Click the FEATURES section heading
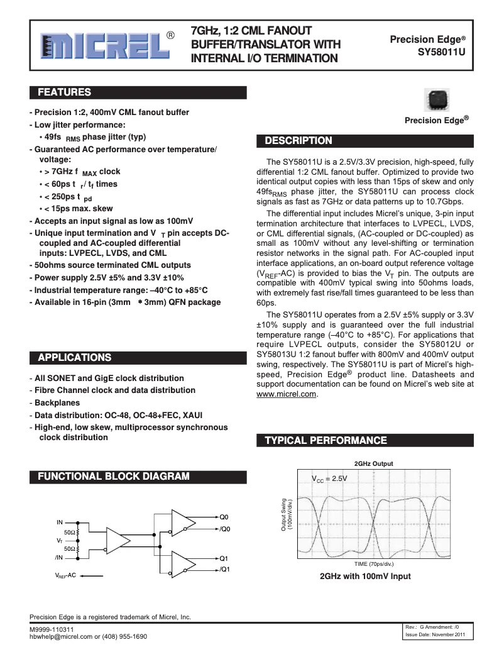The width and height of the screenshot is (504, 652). pyautogui.click(x=65, y=93)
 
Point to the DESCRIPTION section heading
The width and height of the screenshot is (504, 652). pyautogui.click(x=299, y=140)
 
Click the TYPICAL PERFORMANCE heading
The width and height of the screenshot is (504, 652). pyautogui.click(x=326, y=440)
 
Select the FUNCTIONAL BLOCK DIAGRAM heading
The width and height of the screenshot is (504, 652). pyautogui.click(x=114, y=476)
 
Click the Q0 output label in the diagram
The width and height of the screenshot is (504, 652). pyautogui.click(x=224, y=517)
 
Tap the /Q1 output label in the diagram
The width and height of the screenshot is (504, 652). pyautogui.click(x=225, y=569)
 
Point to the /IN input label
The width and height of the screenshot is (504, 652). pyautogui.click(x=59, y=557)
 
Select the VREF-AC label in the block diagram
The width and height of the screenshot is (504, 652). pyautogui.click(x=64, y=575)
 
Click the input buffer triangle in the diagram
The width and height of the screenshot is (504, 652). pyautogui.click(x=117, y=539)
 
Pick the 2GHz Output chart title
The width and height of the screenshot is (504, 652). pyautogui.click(x=373, y=463)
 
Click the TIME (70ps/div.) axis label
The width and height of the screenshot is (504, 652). pyautogui.click(x=373, y=564)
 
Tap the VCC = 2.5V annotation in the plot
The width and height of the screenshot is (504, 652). pyautogui.click(x=330, y=478)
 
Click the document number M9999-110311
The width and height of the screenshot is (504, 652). pyautogui.click(x=52, y=629)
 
